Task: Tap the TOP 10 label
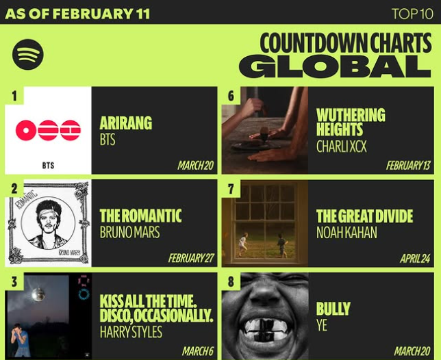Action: click(412, 14)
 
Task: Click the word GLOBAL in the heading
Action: click(335, 66)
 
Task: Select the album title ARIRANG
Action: click(125, 123)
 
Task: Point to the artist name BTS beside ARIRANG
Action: click(108, 140)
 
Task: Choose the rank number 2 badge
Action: click(14, 188)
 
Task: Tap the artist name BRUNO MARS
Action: click(129, 232)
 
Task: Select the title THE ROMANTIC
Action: click(140, 216)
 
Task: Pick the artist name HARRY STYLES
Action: click(131, 332)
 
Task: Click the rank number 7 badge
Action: click(231, 188)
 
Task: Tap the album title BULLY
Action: click(333, 309)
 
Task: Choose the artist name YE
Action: click(322, 326)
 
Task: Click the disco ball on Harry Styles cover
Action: click(38, 293)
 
